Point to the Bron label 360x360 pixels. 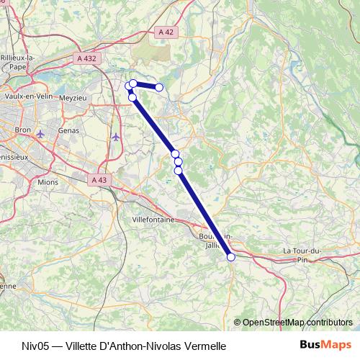tap(22, 130)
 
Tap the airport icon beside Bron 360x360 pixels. tap(40, 134)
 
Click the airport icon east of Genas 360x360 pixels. tap(117, 136)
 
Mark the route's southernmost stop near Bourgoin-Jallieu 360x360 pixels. tap(231, 257)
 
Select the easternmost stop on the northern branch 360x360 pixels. tap(159, 88)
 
